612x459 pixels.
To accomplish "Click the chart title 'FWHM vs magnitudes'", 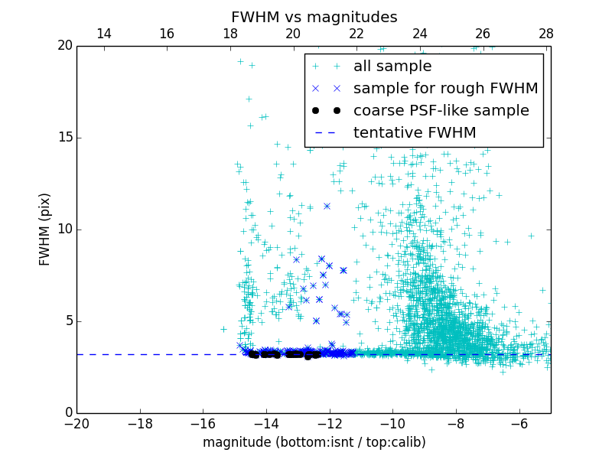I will tap(314, 17).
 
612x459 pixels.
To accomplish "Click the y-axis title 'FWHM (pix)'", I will tap(45, 229).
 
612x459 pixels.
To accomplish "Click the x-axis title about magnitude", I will tap(314, 442).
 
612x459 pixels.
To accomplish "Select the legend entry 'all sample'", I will tap(392, 67).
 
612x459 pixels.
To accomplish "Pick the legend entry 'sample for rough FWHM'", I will tap(445, 89).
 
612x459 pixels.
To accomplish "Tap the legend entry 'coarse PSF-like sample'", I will tap(441, 111).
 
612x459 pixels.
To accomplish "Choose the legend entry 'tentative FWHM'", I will tap(414, 133).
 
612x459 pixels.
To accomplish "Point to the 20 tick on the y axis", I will tap(64, 46).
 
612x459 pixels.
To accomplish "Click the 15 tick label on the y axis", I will tap(64, 138).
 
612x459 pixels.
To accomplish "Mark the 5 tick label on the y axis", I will tap(68, 321).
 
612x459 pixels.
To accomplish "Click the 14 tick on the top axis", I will tap(103, 34).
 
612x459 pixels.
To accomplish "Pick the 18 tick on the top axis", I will tap(229, 34).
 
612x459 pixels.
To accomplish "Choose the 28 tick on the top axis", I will tap(545, 34).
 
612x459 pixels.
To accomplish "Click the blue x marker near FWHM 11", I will tap(327, 206).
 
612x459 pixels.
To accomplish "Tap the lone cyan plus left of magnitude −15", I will tap(223, 329).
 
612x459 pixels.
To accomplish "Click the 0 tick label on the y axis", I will tap(68, 413).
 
